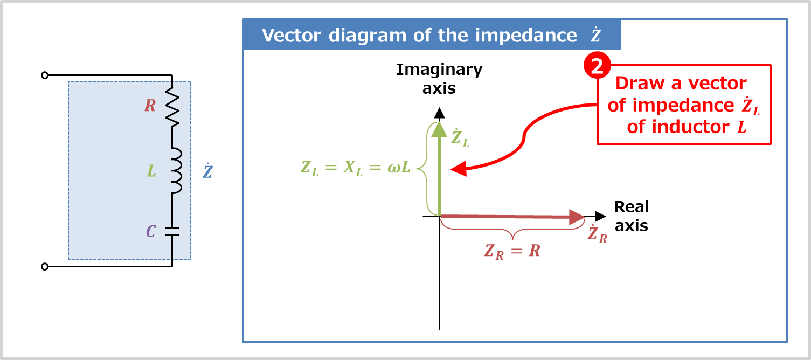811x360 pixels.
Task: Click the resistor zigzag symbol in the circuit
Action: (x=172, y=108)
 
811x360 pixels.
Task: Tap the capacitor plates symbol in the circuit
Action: (x=172, y=232)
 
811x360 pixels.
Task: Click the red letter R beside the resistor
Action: (x=150, y=106)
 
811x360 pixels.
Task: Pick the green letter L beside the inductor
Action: (x=151, y=171)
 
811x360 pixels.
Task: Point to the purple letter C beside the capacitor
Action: (x=151, y=232)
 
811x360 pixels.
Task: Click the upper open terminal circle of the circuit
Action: (x=45, y=75)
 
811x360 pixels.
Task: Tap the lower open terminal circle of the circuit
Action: (x=45, y=266)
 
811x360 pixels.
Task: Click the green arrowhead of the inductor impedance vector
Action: (x=440, y=129)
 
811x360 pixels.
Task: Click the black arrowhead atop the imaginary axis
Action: (x=440, y=113)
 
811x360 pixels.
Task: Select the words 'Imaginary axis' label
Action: (x=439, y=79)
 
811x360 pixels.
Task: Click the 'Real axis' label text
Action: (x=632, y=216)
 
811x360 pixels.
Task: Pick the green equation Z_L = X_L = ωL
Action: (x=356, y=168)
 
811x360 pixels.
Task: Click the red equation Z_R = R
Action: (x=511, y=251)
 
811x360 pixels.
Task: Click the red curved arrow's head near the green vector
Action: (x=458, y=169)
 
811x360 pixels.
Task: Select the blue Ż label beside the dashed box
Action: (x=207, y=171)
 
